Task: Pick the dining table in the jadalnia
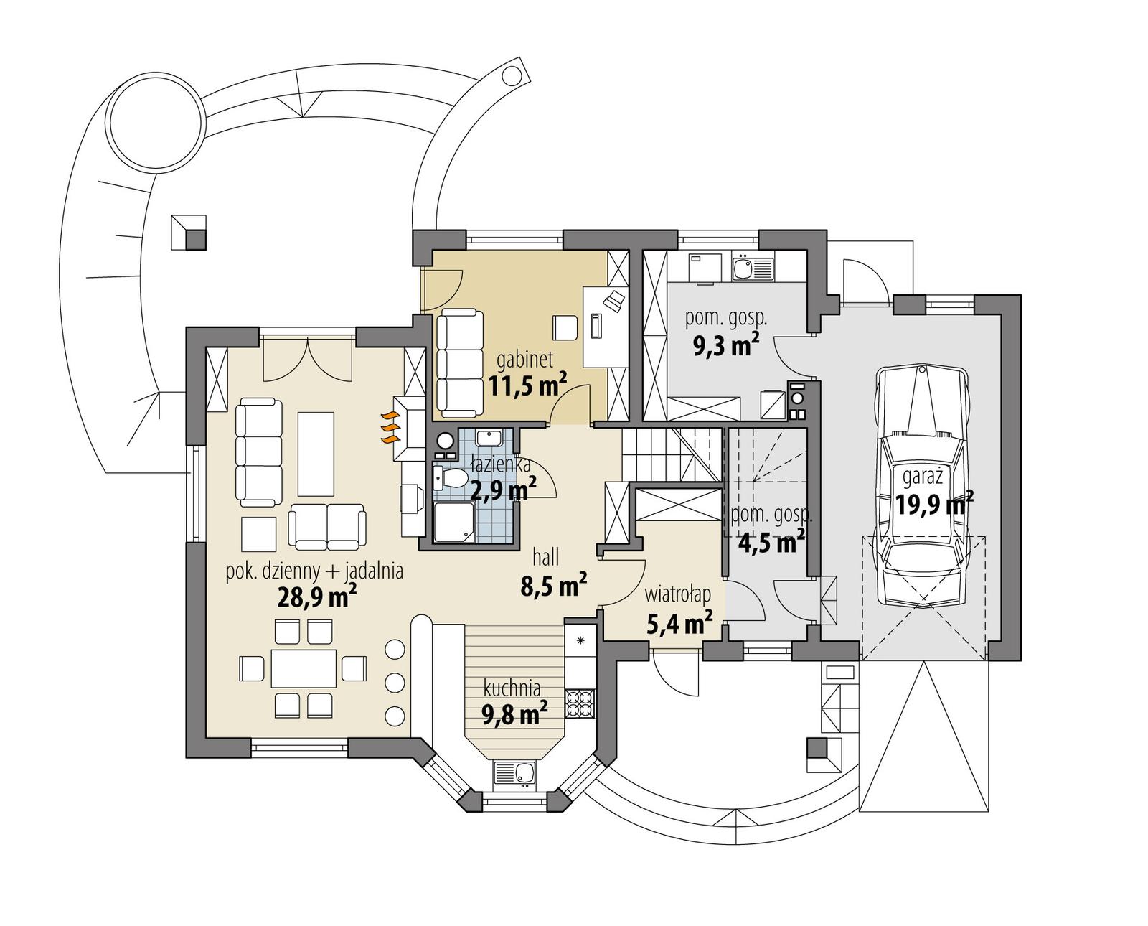point(304,668)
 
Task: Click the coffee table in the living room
point(316,453)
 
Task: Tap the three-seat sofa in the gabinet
point(459,363)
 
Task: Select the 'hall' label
point(545,556)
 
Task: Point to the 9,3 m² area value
point(725,346)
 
